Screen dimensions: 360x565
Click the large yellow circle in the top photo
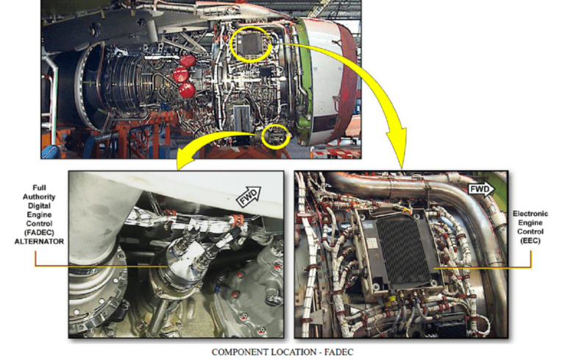click(255, 46)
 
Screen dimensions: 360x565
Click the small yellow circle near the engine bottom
click(275, 137)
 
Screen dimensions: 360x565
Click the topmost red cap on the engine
click(188, 60)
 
